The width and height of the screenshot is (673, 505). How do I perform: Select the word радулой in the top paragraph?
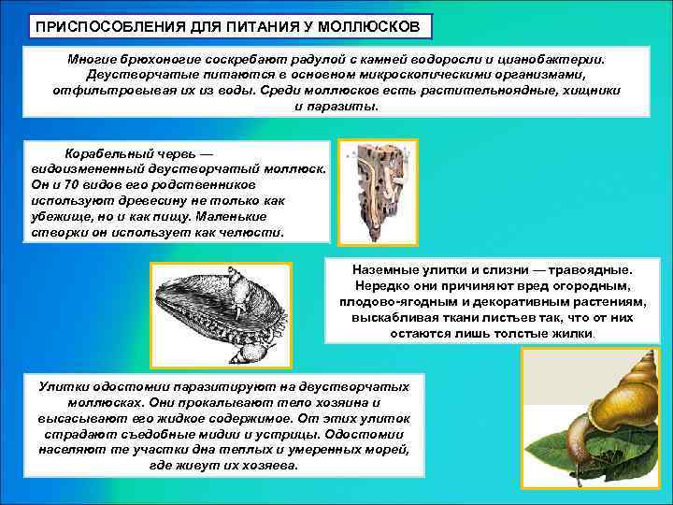point(302,58)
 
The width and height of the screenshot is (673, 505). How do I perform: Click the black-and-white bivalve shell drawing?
point(220,313)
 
